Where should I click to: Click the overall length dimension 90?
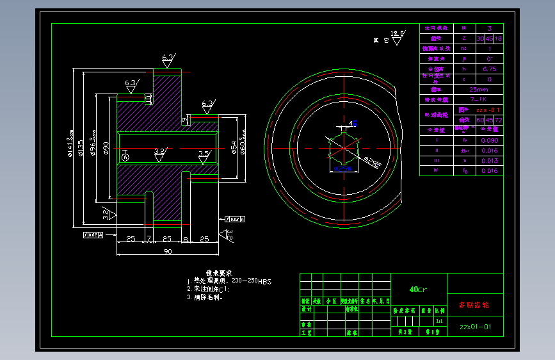pos(167,252)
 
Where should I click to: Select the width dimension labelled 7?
pos(149,239)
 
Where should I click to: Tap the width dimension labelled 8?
pos(186,239)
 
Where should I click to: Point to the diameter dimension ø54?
pos(234,149)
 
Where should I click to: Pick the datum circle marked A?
pos(125,156)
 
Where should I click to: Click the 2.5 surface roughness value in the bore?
pos(204,153)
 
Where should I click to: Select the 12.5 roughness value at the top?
pos(398,32)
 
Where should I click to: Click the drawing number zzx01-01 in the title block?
pos(476,327)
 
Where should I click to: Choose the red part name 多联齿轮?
pos(474,306)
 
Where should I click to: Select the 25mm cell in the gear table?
pos(478,90)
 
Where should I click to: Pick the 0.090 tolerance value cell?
pos(489,140)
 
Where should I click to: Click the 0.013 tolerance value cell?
pos(489,161)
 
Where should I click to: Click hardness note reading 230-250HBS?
pos(251,281)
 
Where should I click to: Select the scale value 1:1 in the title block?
pos(438,320)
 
